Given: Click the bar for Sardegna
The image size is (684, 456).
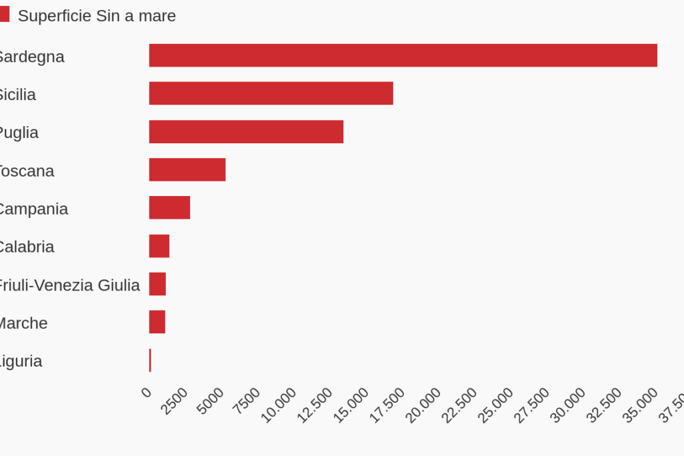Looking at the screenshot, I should pos(403,55).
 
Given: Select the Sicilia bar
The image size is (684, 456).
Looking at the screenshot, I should pos(271,93).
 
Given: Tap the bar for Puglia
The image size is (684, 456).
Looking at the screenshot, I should pos(246,131).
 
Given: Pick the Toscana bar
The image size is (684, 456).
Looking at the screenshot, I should pos(187,169).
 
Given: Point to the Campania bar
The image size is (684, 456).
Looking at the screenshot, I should pos(169,207).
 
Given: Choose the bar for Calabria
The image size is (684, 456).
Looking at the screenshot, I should pos(159,246).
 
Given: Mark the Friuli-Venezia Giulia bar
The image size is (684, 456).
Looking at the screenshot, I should pos(157,284).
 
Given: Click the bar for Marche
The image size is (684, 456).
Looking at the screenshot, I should pos(157,322).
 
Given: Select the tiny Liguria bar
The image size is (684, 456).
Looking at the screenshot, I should pos(150,360).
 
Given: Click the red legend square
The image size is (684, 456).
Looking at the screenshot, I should pos(4,15).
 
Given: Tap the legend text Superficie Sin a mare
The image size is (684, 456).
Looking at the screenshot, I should pos(97,16).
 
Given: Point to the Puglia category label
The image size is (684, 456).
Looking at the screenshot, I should pos(19,133).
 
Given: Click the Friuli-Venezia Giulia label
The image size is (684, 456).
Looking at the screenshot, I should pos(69,285).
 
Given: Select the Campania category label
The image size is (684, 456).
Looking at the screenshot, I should pos(33,209).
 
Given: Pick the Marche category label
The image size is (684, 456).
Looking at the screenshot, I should pos(23,323).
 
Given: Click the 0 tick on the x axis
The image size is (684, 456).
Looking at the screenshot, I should pos(147,392).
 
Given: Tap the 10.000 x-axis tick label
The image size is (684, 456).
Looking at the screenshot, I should pos(278,405).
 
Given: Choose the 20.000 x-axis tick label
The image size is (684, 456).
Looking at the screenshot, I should pos(423,405).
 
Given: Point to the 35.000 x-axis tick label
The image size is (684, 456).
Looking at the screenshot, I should pos(641,405).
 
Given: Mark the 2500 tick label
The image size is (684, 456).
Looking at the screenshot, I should pos(175,401).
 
